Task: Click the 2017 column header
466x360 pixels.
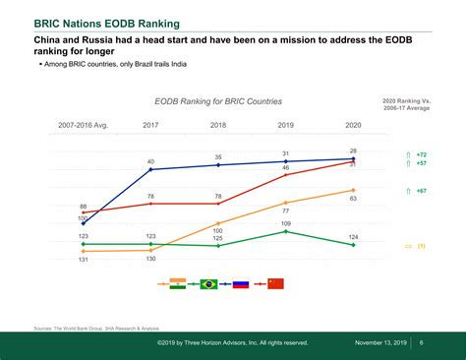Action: point(150,125)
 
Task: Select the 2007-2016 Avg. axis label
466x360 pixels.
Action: point(83,125)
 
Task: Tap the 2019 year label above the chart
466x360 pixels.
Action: point(285,125)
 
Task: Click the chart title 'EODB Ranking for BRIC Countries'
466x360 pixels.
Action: point(217,101)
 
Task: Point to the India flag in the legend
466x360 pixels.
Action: point(177,283)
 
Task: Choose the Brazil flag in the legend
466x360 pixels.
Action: point(208,283)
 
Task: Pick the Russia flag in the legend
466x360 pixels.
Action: point(239,283)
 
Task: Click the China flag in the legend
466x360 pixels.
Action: point(275,283)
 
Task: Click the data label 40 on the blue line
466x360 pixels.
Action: point(150,160)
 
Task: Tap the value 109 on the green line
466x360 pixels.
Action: point(285,223)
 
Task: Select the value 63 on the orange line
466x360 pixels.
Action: point(353,199)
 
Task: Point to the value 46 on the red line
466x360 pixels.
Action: point(285,168)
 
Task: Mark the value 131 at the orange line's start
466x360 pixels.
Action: point(84,259)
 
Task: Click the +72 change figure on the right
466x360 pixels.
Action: point(421,154)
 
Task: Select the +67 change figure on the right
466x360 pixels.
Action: point(421,190)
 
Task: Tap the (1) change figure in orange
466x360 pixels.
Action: point(421,246)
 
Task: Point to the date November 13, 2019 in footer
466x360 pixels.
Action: point(381,342)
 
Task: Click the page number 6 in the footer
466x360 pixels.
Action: point(421,342)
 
